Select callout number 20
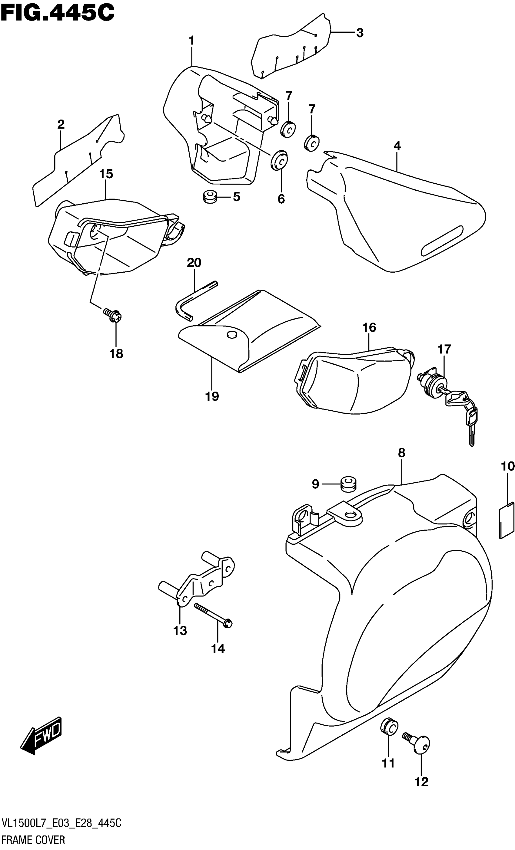coord(194,263)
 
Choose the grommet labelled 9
coord(348,484)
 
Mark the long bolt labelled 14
coord(213,615)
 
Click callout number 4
coord(397,146)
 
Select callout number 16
coord(369,327)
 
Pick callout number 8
coord(401,453)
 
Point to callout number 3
coord(360,33)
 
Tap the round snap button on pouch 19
coord(231,334)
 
